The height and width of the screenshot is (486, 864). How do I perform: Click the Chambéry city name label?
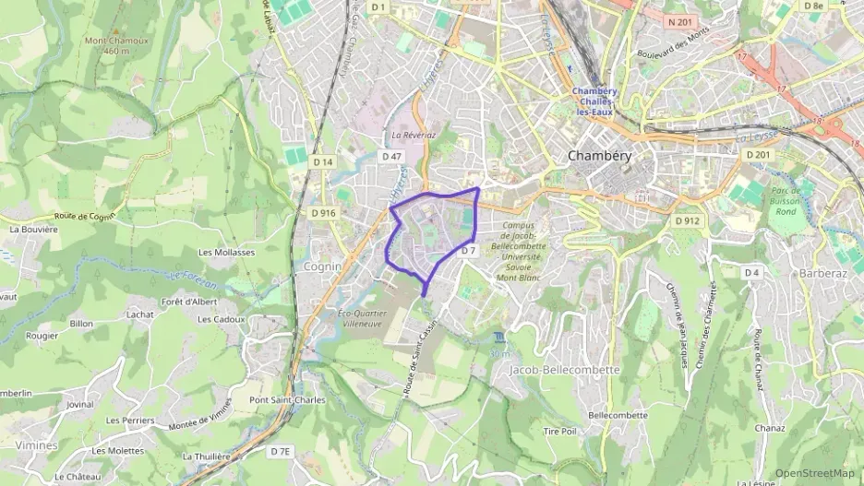600,156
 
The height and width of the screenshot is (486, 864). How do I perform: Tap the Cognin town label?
322,266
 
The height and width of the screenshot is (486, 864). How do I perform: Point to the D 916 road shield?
323,212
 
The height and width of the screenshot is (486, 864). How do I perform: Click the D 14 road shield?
321,162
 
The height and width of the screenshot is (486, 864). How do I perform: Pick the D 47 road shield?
391,157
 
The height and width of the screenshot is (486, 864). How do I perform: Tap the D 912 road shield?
687,221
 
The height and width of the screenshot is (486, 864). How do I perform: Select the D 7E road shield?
281,451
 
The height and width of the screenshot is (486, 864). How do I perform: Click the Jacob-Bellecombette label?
565,369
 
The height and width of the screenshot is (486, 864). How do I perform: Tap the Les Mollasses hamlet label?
226,252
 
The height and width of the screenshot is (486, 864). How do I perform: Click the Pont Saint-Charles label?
287,400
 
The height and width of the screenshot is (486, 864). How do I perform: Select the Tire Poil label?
559,431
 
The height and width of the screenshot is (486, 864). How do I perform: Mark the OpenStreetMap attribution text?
815,473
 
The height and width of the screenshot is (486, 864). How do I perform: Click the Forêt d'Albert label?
189,301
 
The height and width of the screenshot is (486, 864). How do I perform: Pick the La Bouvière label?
33,229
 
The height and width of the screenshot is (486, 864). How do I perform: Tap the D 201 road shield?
758,154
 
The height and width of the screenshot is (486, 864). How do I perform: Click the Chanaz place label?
770,428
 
